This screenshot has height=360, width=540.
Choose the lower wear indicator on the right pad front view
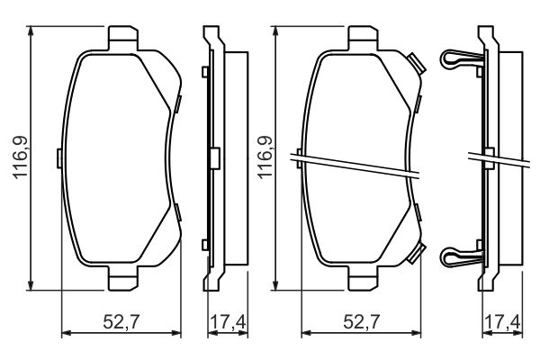coord(415,254)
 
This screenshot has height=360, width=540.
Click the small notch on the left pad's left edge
coord(59,158)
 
